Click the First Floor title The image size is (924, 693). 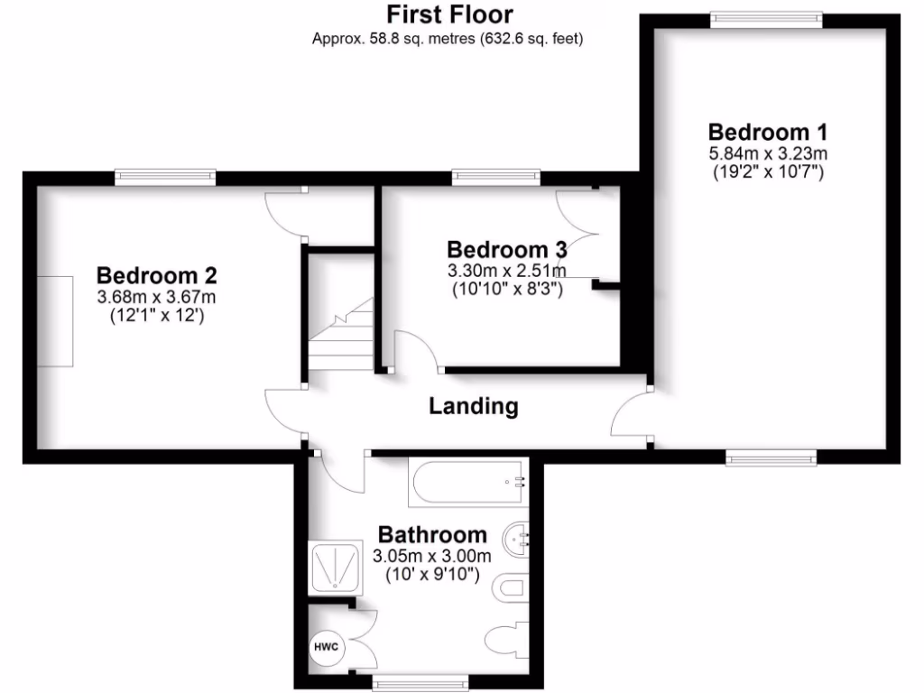pos(449,14)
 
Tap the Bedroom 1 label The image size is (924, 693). pos(767,131)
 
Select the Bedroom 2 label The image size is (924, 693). pos(157,275)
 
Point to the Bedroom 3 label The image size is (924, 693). pos(507,249)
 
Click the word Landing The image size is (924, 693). pos(473,406)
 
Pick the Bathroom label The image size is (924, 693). pos(432,534)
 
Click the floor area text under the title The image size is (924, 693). pos(448,39)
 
